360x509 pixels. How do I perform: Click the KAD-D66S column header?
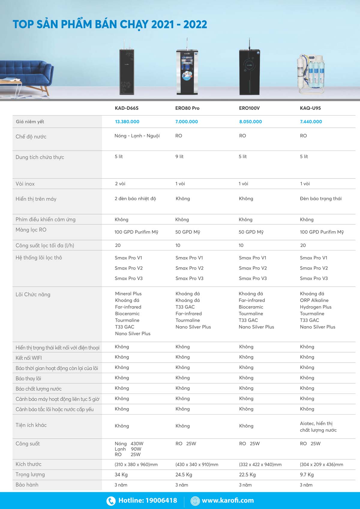(127, 108)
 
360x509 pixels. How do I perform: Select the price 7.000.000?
(186, 121)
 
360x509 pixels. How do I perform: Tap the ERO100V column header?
(249, 108)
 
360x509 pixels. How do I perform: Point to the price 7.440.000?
(311, 121)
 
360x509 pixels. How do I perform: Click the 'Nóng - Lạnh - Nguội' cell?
(137, 136)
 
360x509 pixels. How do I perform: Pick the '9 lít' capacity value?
(179, 157)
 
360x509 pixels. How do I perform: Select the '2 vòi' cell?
(120, 184)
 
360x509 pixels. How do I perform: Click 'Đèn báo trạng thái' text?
(321, 199)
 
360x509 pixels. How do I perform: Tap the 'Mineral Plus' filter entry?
(128, 294)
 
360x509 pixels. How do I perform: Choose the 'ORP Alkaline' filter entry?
(314, 300)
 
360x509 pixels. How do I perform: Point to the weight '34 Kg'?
(121, 475)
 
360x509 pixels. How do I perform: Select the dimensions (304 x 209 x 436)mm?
(321, 464)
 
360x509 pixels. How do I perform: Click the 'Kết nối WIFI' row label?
(29, 358)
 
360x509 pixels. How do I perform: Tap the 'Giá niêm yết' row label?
(30, 121)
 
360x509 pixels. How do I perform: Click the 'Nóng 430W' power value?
(129, 444)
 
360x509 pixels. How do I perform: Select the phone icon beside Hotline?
(111, 501)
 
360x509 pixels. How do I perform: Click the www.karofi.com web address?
(228, 500)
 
